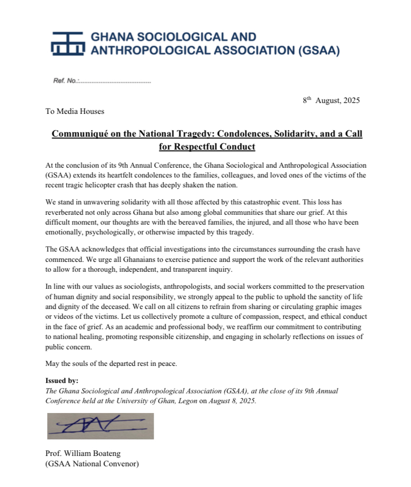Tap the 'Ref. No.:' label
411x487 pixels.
65,81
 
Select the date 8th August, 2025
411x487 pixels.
331,100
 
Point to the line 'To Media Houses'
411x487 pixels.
75,111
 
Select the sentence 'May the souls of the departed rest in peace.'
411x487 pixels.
111,363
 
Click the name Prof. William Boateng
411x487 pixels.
86,454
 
